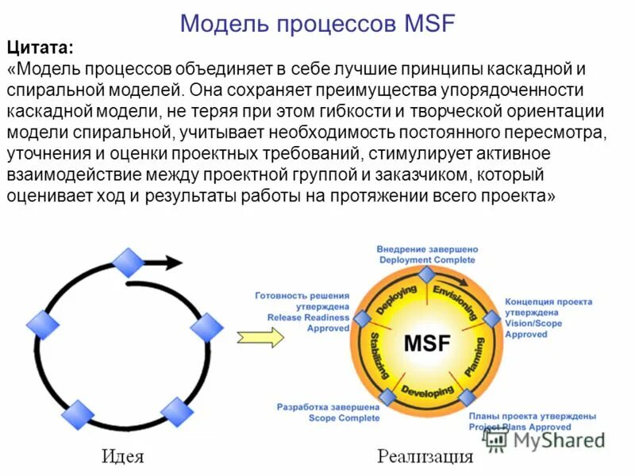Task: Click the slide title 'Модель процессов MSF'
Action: pos(317,21)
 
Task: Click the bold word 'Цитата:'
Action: pos(40,49)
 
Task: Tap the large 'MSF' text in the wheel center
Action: pos(426,344)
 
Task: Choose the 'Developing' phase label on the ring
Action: pos(427,391)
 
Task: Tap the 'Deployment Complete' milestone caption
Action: pos(426,259)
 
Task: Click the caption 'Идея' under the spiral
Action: pos(123,456)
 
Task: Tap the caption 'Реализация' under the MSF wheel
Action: pos(425,456)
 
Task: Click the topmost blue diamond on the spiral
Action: pos(128,263)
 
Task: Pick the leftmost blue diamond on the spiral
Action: pos(43,323)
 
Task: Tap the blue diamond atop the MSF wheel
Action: pos(426,274)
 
